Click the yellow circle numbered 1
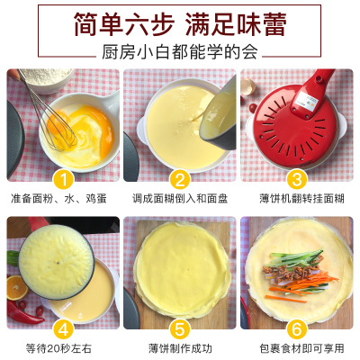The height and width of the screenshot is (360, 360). [63, 180]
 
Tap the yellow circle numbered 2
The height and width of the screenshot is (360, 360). [180, 180]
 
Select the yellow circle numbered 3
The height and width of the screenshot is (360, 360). [297, 180]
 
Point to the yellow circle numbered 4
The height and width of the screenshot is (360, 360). [63, 329]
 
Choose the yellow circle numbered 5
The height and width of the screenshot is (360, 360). [180, 329]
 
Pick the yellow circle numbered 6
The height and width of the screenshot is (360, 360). [297, 329]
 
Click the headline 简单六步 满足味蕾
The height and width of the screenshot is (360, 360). [180, 24]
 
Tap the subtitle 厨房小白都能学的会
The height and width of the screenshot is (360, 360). [180, 52]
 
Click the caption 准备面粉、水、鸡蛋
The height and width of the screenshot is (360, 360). [58, 199]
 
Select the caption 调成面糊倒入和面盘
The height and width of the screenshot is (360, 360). [180, 199]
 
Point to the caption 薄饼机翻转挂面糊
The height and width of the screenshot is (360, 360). [301, 199]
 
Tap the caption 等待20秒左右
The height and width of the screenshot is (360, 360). [58, 348]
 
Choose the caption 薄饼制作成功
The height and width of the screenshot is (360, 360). [180, 348]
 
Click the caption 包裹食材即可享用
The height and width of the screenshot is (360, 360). [301, 348]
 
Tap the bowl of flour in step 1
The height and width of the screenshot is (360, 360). [48, 79]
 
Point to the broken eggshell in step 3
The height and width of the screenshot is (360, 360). [247, 86]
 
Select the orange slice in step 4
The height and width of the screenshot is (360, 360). [17, 287]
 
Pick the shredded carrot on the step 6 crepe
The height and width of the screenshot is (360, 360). [303, 286]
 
